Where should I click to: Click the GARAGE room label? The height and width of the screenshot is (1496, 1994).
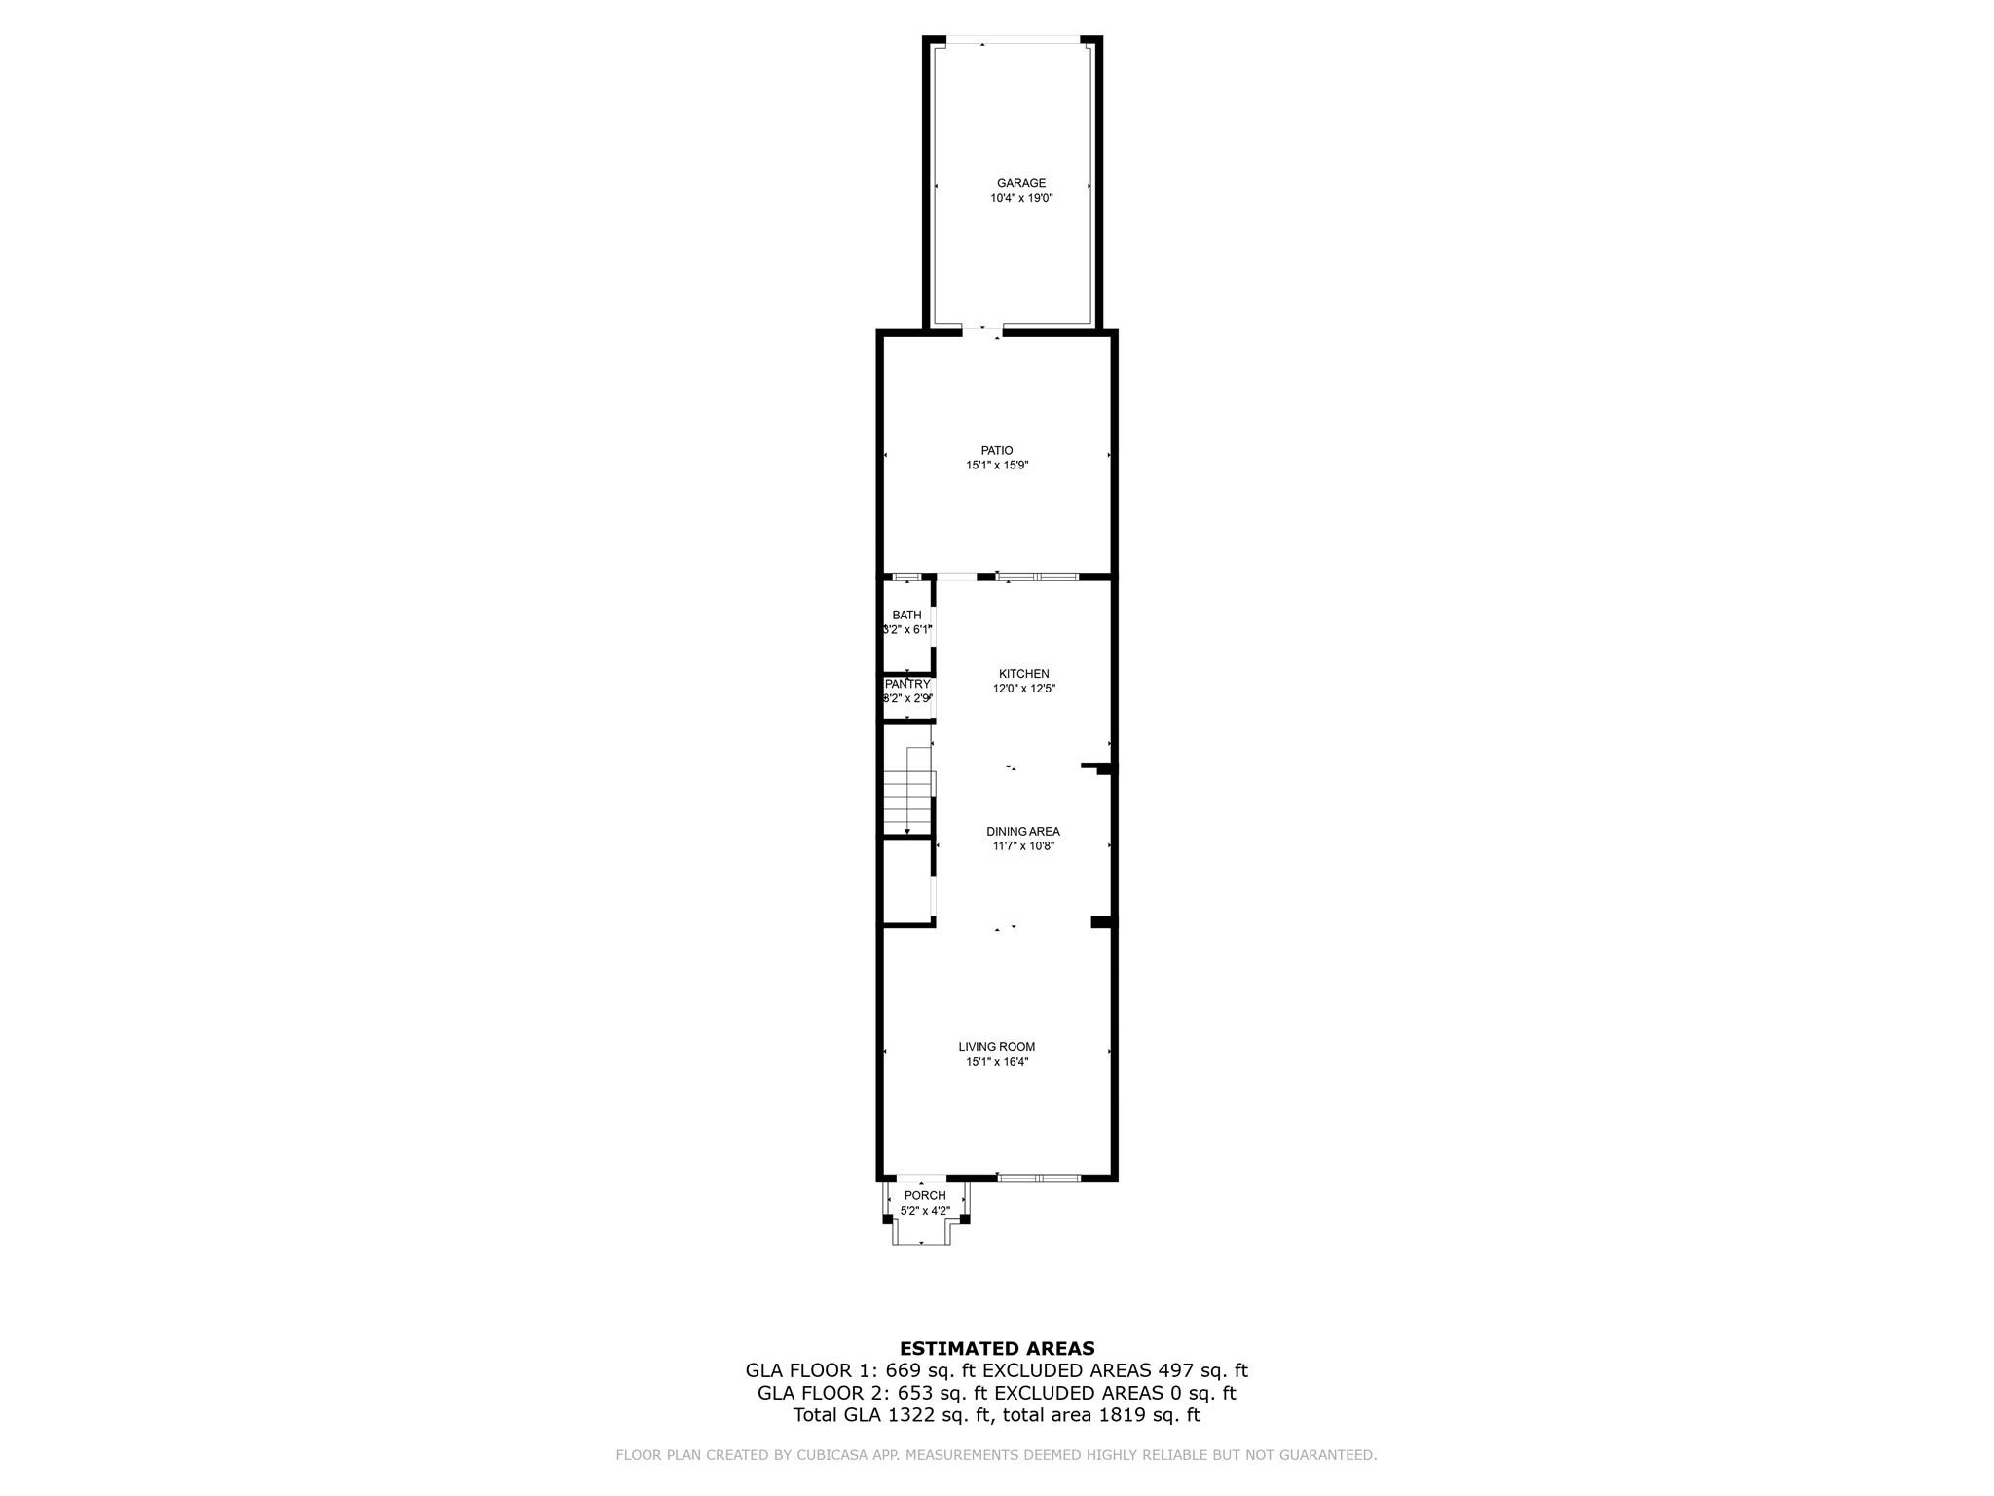click(1020, 183)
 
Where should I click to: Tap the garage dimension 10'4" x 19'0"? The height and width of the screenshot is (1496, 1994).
click(1021, 198)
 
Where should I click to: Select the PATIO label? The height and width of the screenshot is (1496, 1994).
click(997, 450)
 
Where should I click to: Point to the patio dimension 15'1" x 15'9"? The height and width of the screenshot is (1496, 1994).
click(997, 466)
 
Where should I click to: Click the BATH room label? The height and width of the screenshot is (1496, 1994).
click(906, 615)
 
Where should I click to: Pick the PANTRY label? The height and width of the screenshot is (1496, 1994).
click(907, 684)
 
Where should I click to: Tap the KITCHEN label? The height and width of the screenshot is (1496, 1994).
click(1023, 674)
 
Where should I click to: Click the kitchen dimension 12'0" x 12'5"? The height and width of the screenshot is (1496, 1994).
click(1023, 689)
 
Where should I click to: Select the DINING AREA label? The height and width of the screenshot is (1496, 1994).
click(1022, 831)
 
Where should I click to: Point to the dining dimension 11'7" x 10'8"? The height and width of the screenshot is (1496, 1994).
click(1023, 846)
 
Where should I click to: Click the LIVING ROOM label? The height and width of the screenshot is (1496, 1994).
click(997, 1047)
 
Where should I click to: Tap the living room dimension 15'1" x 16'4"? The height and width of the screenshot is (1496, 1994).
click(997, 1062)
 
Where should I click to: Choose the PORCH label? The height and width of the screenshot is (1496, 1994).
click(924, 1195)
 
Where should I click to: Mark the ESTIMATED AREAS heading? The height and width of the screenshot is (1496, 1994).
click(997, 1349)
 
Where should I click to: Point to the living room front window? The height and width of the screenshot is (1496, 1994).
click(1038, 1178)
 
